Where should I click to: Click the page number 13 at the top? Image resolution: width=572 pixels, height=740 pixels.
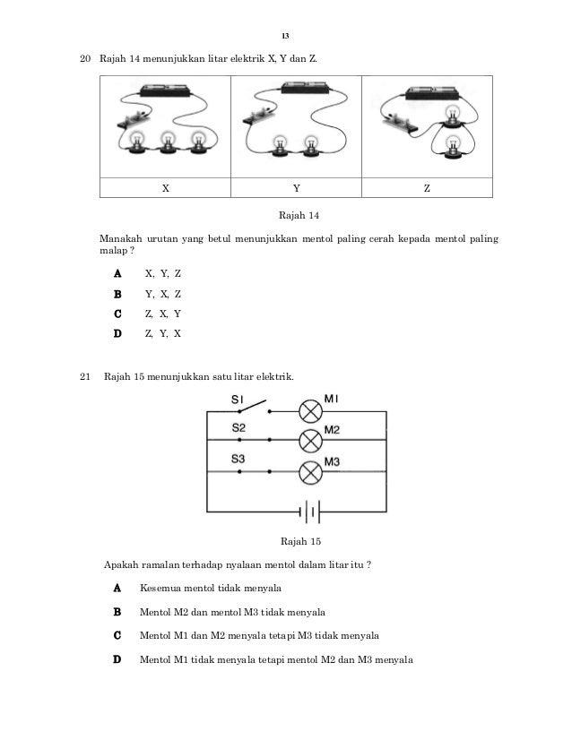pyautogui.click(x=285, y=36)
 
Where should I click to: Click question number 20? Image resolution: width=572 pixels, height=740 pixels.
pyautogui.click(x=86, y=60)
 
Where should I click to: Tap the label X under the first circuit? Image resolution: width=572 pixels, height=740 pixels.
pyautogui.click(x=165, y=188)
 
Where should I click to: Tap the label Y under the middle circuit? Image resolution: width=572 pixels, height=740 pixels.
pyautogui.click(x=297, y=188)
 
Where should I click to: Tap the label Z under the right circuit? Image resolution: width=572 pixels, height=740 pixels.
pyautogui.click(x=428, y=188)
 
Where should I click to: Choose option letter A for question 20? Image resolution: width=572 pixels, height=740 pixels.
pyautogui.click(x=117, y=272)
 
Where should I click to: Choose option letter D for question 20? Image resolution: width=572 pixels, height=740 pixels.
pyautogui.click(x=117, y=334)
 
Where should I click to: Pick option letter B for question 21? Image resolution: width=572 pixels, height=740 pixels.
pyautogui.click(x=117, y=612)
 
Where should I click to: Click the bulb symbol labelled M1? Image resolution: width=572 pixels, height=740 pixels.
pyautogui.click(x=309, y=411)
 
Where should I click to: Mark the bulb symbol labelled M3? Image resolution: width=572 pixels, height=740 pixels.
pyautogui.click(x=309, y=470)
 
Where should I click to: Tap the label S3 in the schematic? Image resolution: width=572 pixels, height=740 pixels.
pyautogui.click(x=238, y=458)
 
